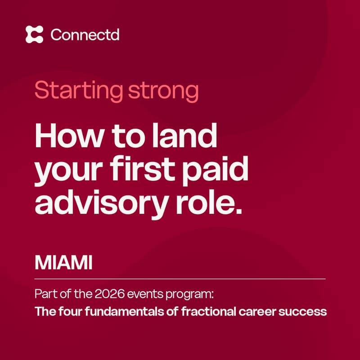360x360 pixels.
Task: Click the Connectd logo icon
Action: [x=35, y=35]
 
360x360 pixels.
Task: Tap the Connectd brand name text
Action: [x=85, y=35]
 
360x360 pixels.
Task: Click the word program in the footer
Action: [x=193, y=296]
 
